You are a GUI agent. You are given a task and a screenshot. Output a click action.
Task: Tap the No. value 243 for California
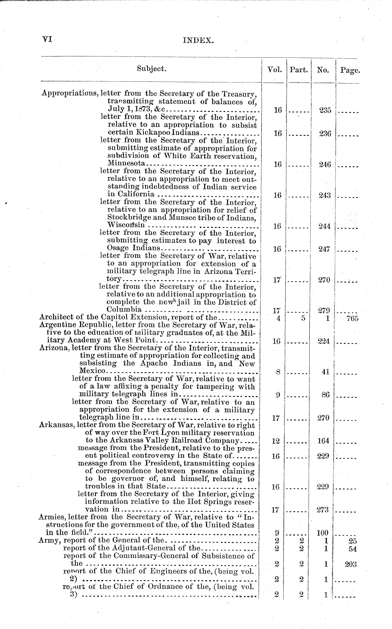point(325,195)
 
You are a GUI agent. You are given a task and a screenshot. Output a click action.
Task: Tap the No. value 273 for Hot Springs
point(323,510)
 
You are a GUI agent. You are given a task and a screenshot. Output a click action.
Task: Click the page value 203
point(351,564)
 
